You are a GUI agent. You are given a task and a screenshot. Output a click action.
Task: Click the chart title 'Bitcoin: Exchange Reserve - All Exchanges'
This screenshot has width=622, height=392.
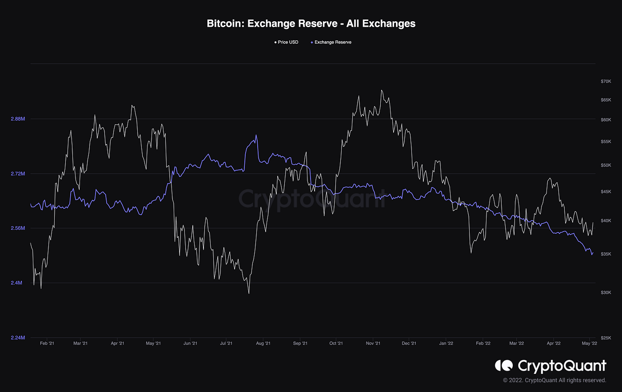311,24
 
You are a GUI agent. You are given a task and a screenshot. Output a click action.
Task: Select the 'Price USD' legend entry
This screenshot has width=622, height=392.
286,42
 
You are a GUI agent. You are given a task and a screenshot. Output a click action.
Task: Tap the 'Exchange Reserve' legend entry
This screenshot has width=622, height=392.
331,42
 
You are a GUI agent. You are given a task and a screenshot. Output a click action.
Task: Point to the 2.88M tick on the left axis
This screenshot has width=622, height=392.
18,119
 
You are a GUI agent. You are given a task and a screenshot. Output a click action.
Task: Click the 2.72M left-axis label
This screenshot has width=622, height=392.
18,174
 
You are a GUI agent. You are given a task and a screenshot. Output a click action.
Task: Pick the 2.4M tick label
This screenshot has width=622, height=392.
16,283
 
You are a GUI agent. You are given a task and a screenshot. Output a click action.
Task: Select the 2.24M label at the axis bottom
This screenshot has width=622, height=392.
18,337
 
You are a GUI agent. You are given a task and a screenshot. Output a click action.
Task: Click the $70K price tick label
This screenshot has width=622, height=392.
606,81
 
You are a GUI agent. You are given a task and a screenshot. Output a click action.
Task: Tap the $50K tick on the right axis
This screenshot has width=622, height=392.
606,165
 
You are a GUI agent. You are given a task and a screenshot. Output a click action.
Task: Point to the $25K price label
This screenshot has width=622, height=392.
606,338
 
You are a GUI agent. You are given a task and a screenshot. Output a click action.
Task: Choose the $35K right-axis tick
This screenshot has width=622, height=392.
606,254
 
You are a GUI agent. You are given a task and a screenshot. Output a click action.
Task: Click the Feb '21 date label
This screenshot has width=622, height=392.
47,344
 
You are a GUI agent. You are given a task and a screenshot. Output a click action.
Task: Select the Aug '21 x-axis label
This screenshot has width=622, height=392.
263,344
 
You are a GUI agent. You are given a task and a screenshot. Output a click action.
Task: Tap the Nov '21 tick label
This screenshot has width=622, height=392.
373,344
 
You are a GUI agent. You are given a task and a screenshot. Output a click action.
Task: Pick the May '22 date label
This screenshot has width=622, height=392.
589,344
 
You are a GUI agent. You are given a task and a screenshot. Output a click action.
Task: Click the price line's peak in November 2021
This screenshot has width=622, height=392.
382,90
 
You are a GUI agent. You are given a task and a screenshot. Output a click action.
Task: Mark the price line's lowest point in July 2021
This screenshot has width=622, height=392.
249,293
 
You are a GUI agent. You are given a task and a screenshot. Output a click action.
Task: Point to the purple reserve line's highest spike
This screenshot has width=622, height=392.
256,135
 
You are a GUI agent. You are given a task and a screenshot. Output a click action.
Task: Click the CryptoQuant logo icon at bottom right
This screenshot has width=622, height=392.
504,365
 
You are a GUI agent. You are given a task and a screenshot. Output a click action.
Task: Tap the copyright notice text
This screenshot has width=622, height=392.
554,380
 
